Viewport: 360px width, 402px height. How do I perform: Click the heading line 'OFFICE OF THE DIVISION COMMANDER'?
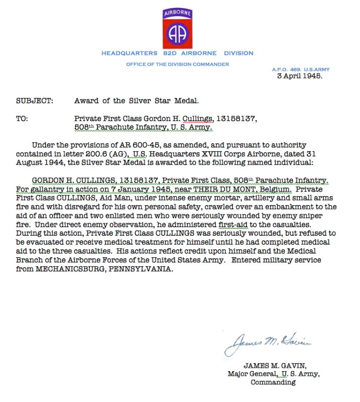pyautogui.click(x=177, y=64)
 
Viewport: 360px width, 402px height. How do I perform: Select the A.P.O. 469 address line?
pyautogui.click(x=301, y=69)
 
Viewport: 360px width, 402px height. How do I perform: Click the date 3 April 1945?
pyautogui.click(x=300, y=76)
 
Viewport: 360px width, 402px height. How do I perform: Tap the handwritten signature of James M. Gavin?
pyautogui.click(x=268, y=343)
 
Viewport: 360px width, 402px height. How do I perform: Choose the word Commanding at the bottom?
pyautogui.click(x=273, y=382)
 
